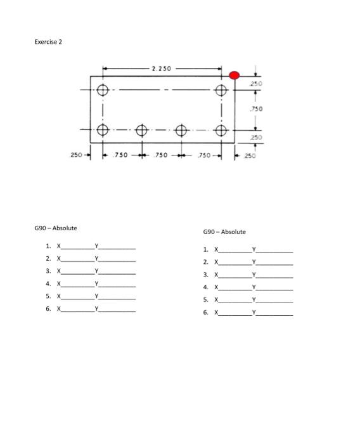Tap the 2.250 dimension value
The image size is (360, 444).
[x=162, y=68]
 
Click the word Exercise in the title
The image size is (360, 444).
[x=45, y=42]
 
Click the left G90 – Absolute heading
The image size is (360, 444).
[x=56, y=228]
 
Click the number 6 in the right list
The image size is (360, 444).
[x=205, y=313]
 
